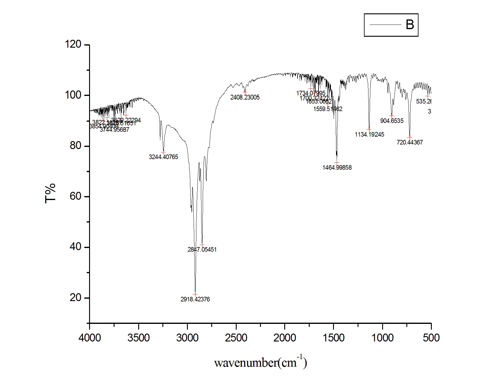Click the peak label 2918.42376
coord(195,299)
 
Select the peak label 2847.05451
coord(202,250)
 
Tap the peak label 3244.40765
coord(163,157)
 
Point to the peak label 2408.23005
coord(245,97)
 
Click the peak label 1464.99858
coord(337,168)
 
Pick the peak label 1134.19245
coord(369,134)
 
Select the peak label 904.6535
coord(392,121)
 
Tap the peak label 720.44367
coord(410,142)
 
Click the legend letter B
coord(410,25)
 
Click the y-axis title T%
coord(50,193)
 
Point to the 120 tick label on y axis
coord(73,44)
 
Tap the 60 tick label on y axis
coord(75,196)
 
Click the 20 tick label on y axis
coord(75,297)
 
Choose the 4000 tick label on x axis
coord(90,338)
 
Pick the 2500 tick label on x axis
coord(236,338)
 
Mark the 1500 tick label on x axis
coord(334,338)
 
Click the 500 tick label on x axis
coord(431,338)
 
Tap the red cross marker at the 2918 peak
coord(195,294)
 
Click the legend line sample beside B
coord(385,25)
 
